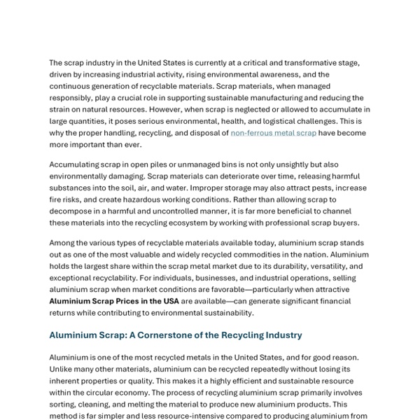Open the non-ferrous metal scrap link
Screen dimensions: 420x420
coord(273,133)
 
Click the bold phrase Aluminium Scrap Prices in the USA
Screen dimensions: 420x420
coord(114,301)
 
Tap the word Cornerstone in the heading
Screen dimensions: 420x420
coord(164,335)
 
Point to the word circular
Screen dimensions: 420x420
coord(102,393)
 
